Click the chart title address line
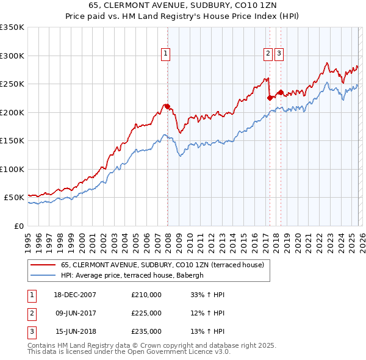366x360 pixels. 183,6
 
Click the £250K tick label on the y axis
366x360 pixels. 12,84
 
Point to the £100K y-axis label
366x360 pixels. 12,169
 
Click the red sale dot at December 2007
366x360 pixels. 167,107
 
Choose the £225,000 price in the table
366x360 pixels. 146,313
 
